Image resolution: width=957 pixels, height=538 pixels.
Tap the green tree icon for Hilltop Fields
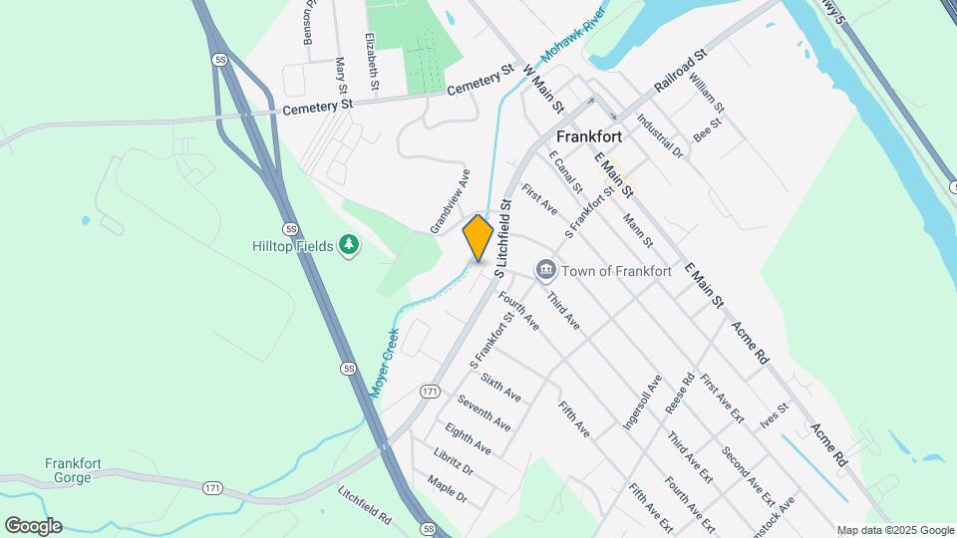(348, 244)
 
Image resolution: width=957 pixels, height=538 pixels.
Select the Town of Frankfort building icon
(545, 270)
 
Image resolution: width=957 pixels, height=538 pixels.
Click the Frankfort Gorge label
(68, 470)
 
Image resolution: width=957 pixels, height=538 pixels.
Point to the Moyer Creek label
(384, 363)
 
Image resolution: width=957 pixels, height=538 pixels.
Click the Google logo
(33, 526)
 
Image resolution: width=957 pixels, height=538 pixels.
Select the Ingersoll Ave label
(642, 402)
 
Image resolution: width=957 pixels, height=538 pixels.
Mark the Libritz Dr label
(454, 460)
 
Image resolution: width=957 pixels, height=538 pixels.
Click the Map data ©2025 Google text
(895, 530)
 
